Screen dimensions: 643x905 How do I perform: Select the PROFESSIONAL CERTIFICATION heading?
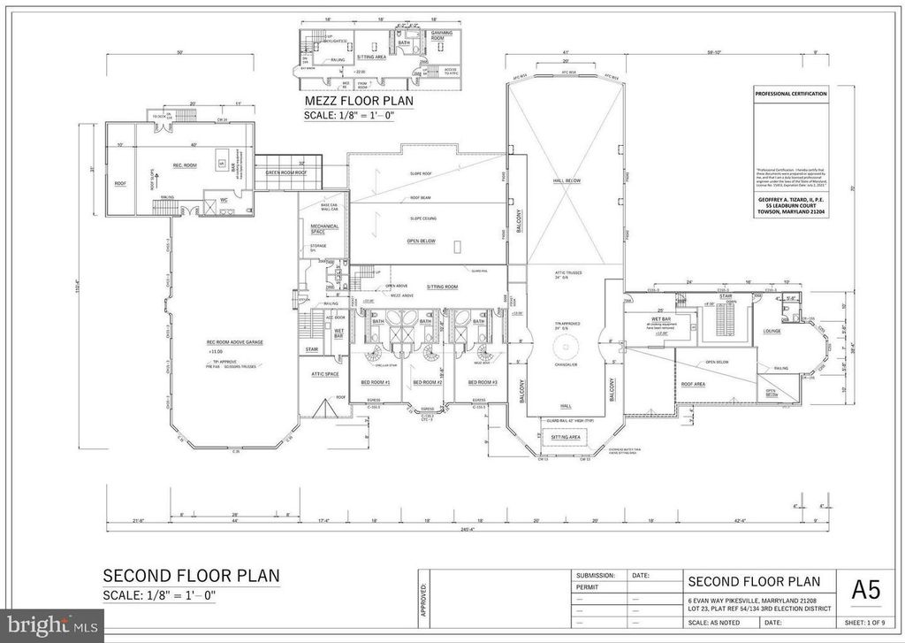[x=791, y=94]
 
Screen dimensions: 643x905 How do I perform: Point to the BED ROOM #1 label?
[x=376, y=382]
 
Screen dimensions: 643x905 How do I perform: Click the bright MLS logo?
[x=51, y=625]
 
